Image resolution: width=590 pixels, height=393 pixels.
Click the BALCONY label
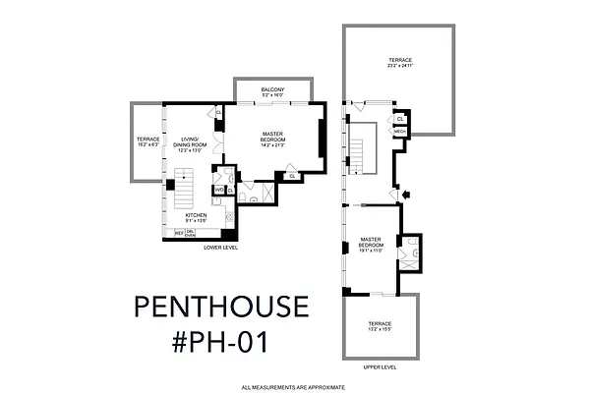click(273, 89)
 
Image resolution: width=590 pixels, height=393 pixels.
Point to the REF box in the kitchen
click(179, 233)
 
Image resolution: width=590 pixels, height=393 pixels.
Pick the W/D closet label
click(219, 190)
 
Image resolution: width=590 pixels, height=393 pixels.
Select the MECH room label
click(400, 131)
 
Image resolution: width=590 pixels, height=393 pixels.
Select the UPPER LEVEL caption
click(380, 366)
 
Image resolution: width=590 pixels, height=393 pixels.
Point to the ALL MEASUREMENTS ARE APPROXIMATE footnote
click(294, 386)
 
